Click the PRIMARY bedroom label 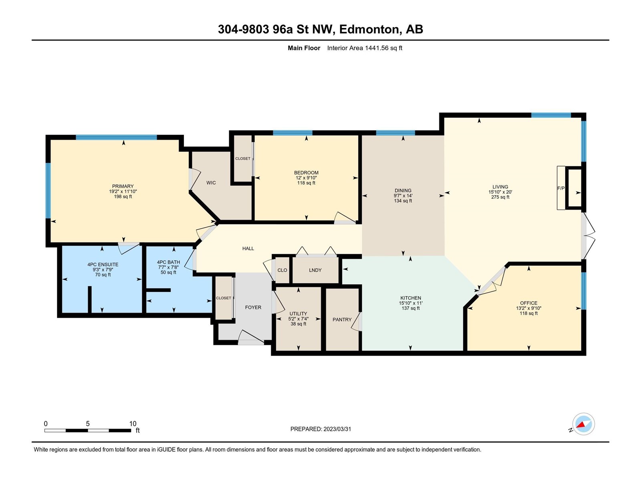pyautogui.click(x=123, y=186)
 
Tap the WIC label pyautogui.click(x=211, y=183)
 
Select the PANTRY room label pyautogui.click(x=342, y=319)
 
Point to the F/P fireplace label pyautogui.click(x=561, y=188)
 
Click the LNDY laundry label pyautogui.click(x=315, y=270)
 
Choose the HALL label pyautogui.click(x=248, y=249)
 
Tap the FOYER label pyautogui.click(x=253, y=307)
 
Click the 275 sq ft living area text pyautogui.click(x=500, y=197)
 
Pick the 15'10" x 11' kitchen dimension pyautogui.click(x=411, y=303)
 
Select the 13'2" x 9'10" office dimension pyautogui.click(x=528, y=308)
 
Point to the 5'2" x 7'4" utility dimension pyautogui.click(x=298, y=319)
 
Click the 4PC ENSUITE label pyautogui.click(x=103, y=265)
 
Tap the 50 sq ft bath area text pyautogui.click(x=168, y=273)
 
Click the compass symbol pyautogui.click(x=583, y=424)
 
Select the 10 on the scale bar pyautogui.click(x=133, y=424)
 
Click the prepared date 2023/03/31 pyautogui.click(x=337, y=429)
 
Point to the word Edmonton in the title pyautogui.click(x=369, y=30)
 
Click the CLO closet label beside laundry pyautogui.click(x=282, y=270)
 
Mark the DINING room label pyautogui.click(x=403, y=190)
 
